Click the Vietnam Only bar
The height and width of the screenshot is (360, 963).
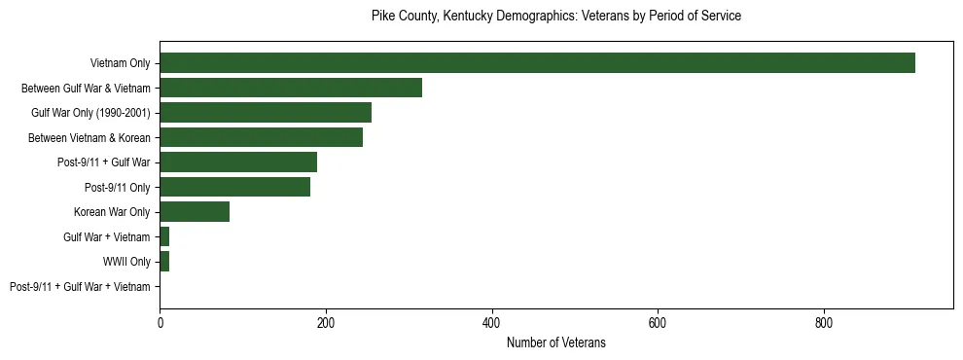point(537,63)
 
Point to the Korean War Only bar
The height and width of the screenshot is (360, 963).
point(195,212)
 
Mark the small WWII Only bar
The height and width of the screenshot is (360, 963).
point(164,262)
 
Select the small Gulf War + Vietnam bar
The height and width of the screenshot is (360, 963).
point(164,236)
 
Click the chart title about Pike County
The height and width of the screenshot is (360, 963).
point(556,17)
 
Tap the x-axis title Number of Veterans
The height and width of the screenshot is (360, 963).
point(556,342)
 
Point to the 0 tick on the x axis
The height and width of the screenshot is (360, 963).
point(160,323)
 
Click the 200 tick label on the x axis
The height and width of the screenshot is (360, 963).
point(326,323)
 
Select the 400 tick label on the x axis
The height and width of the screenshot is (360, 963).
point(492,323)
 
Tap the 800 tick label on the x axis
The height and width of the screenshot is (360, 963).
point(824,323)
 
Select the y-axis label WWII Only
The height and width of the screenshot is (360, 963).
point(126,262)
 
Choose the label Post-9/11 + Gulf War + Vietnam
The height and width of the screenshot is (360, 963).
point(80,286)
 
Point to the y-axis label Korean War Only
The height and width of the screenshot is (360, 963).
point(112,212)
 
